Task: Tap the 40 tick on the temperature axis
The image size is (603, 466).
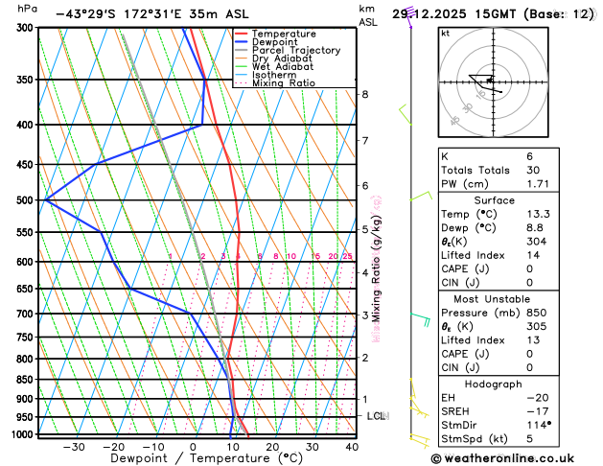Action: [352, 447]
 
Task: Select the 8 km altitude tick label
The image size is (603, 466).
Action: [365, 94]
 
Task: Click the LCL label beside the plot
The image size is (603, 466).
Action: [376, 416]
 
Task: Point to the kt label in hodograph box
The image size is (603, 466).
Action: [445, 33]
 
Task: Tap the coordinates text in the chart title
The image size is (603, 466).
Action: [120, 14]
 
